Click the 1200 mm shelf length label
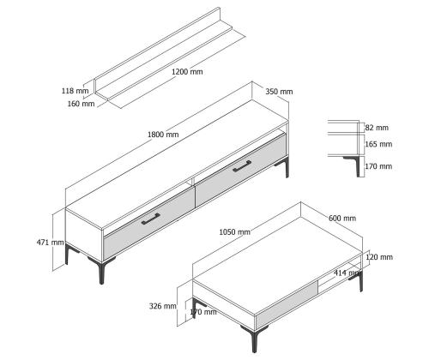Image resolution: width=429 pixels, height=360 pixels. click(187, 71)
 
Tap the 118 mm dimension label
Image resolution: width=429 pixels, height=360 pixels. click(76, 91)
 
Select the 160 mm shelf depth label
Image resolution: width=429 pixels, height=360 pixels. click(81, 104)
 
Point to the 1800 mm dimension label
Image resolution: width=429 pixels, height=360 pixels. click(163, 135)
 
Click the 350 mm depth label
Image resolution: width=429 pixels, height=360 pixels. click(279, 92)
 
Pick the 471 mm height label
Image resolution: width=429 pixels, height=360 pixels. click(51, 243)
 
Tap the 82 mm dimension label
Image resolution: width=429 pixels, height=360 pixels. click(377, 128)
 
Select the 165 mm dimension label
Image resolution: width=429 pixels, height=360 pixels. click(378, 144)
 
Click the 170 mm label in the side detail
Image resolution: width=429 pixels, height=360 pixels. click(378, 166)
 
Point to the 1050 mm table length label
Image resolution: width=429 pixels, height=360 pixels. click(234, 232)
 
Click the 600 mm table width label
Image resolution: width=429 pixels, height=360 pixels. click(342, 219)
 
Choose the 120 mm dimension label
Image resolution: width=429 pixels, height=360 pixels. click(379, 257)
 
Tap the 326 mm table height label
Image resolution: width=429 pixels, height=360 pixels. click(163, 306)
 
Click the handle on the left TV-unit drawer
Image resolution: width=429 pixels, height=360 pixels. click(151, 219)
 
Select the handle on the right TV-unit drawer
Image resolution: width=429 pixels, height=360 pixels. click(242, 166)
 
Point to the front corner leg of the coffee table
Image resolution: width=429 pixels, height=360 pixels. click(254, 339)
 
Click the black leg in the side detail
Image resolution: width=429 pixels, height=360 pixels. click(356, 165)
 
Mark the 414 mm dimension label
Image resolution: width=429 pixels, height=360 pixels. click(347, 273)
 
